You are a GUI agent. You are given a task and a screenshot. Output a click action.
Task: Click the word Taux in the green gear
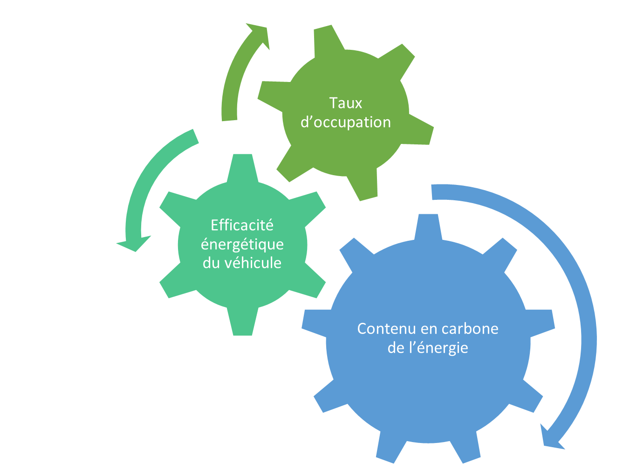pos(345,103)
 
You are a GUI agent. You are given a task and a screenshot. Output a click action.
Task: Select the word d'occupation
pos(346,123)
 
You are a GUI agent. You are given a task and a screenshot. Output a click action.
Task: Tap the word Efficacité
pos(242,225)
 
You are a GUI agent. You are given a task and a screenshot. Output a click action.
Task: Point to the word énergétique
pos(242,245)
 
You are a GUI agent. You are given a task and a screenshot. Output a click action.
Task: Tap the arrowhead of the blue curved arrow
pos(550,436)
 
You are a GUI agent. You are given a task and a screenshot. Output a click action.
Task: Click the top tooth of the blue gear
pos(428,227)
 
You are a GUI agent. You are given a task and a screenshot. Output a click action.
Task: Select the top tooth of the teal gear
pos(242,168)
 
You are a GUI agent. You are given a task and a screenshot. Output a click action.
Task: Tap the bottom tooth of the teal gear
pos(242,322)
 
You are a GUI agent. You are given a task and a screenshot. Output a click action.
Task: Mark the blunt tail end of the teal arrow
pos(196,136)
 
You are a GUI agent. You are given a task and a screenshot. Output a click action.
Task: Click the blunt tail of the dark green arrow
pos(229,120)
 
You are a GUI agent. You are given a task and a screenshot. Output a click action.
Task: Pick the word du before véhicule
pos(211,263)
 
